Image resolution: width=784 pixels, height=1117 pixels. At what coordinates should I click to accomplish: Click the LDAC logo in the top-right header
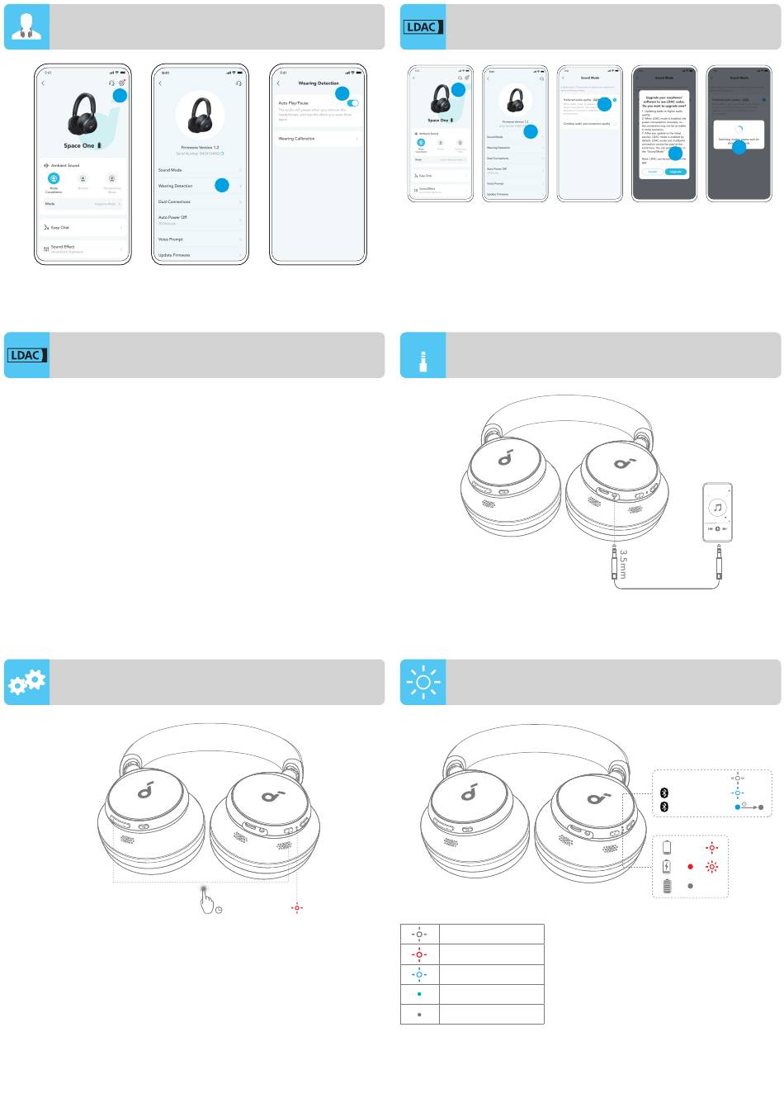pyautogui.click(x=423, y=26)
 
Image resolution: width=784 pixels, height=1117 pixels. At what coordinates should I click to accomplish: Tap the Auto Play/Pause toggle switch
pyautogui.click(x=353, y=103)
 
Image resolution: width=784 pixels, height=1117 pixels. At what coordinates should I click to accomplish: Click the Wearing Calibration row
pyautogui.click(x=318, y=139)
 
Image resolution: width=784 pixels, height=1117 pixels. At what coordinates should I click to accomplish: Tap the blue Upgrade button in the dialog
pyautogui.click(x=676, y=172)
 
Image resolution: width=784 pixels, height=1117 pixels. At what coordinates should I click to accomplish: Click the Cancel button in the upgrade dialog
pyautogui.click(x=653, y=172)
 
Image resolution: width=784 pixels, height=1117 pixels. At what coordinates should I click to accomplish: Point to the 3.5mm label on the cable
pyautogui.click(x=623, y=564)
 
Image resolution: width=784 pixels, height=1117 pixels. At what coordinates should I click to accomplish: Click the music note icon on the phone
pyautogui.click(x=717, y=508)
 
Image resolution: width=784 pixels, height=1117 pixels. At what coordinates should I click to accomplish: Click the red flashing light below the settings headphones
pyautogui.click(x=297, y=907)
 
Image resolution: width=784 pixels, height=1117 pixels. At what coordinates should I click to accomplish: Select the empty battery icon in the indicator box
pyautogui.click(x=667, y=847)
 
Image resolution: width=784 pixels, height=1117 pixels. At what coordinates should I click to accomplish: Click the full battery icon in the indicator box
pyautogui.click(x=667, y=886)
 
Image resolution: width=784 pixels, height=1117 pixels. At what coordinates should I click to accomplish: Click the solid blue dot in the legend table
pyautogui.click(x=419, y=994)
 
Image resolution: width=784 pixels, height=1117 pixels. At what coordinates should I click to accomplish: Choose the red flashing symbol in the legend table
pyautogui.click(x=419, y=954)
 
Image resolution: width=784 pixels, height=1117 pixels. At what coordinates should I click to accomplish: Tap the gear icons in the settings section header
pyautogui.click(x=26, y=682)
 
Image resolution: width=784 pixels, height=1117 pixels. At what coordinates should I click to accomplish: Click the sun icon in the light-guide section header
pyautogui.click(x=423, y=682)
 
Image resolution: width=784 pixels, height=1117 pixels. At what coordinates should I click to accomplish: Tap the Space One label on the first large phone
pyautogui.click(x=79, y=145)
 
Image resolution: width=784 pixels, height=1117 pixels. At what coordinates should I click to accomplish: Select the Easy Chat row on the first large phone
pyautogui.click(x=83, y=227)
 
